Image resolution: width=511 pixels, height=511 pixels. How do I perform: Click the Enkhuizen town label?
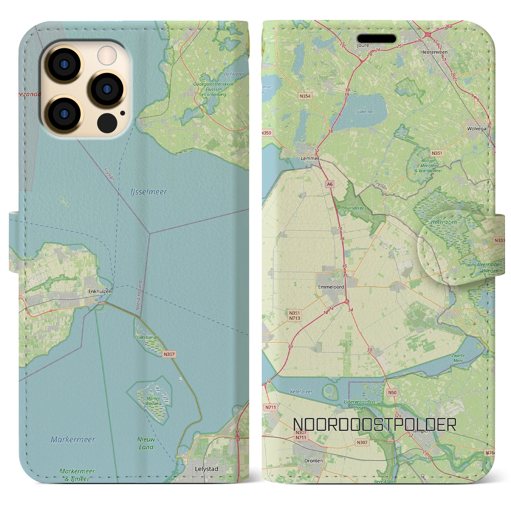click(x=100, y=291)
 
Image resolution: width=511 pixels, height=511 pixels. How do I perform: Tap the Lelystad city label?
click(x=206, y=469)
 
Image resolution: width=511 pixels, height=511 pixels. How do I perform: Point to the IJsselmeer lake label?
click(x=149, y=192)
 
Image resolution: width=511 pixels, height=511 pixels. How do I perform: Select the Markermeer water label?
click(x=73, y=440)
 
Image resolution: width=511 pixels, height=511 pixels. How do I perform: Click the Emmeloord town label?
click(x=331, y=287)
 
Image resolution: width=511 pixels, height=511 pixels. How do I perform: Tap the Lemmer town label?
click(x=310, y=158)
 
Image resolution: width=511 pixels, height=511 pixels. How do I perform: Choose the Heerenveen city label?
click(x=434, y=52)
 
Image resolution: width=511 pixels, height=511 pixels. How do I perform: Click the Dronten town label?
click(x=313, y=461)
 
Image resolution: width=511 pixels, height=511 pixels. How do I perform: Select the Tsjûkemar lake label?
click(x=364, y=112)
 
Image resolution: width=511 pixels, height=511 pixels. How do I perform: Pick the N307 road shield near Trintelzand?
click(x=169, y=354)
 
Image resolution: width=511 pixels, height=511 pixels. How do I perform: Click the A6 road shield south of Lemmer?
click(x=329, y=184)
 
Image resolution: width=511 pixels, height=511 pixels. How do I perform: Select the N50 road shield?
click(x=392, y=392)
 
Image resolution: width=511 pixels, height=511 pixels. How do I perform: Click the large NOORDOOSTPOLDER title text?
click(x=374, y=425)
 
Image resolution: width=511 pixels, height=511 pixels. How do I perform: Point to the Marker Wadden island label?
click(x=153, y=401)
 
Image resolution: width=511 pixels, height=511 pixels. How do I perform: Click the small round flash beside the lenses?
click(x=107, y=55)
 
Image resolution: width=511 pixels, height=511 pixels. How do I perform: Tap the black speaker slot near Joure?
click(x=376, y=39)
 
